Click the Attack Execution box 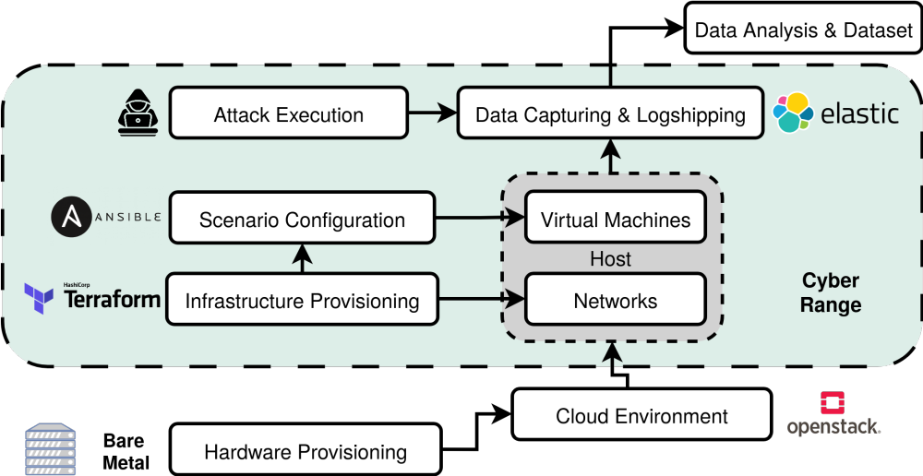[288, 114]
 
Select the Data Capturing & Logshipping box [610, 114]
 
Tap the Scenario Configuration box [302, 220]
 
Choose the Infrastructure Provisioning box [302, 300]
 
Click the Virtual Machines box [616, 220]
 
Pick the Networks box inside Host [616, 300]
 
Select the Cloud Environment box [641, 415]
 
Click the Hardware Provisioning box [305, 451]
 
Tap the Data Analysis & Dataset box [803, 30]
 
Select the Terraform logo [92, 297]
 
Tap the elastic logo [836, 113]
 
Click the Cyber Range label [830, 292]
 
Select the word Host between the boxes [610, 260]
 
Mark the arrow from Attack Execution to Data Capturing [432, 114]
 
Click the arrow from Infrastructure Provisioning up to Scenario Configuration [302, 258]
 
